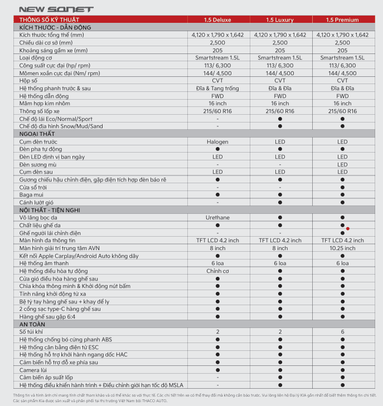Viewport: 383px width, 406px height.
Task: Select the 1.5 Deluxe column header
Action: [x=217, y=20]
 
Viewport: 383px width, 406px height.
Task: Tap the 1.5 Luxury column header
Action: [x=280, y=20]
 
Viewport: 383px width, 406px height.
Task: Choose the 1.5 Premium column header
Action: [x=342, y=20]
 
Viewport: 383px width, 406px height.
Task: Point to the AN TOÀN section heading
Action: [x=32, y=324]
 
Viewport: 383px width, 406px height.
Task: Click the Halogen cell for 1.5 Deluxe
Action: [x=217, y=142]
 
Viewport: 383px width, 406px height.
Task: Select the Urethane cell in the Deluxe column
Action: [x=217, y=217]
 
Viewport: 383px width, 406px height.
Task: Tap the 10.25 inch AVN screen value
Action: [x=342, y=248]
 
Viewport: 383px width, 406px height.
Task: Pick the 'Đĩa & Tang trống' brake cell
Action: [x=217, y=88]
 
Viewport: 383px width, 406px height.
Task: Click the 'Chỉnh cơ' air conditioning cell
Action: [x=217, y=271]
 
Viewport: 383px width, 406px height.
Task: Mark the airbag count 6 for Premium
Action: [x=342, y=331]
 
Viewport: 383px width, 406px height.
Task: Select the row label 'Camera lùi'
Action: [x=33, y=370]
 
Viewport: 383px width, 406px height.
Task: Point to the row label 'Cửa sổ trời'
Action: [x=34, y=187]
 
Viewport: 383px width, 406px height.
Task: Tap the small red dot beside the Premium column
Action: [x=347, y=228]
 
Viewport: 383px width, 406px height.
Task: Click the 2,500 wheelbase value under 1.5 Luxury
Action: [x=280, y=42]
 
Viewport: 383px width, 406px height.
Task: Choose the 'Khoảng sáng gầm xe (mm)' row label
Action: [x=53, y=50]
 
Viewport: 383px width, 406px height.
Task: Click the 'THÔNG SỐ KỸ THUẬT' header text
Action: [x=49, y=20]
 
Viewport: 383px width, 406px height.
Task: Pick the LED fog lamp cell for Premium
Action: [x=342, y=164]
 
